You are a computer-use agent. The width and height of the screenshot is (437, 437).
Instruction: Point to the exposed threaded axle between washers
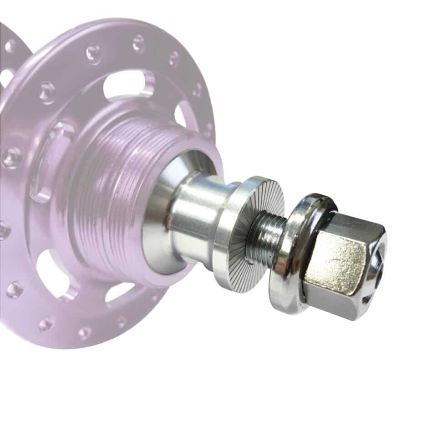pos(266,237)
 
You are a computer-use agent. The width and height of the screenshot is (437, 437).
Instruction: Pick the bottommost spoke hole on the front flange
pos(85,332)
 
